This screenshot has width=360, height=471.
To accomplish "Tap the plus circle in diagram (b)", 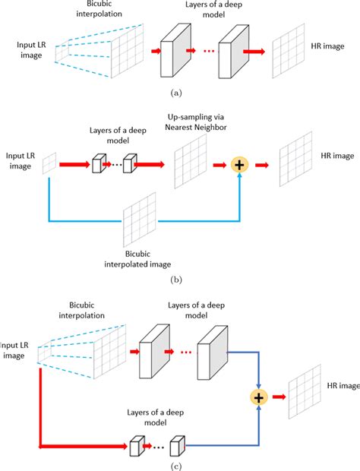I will point(239,163).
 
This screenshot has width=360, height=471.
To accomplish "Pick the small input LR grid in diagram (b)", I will point(49,163).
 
